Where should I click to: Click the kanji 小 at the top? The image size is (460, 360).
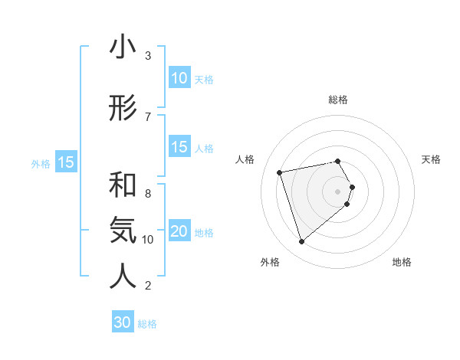point(123,48)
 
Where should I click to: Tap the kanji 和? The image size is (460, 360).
point(123,185)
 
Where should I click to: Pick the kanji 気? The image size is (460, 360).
point(123,229)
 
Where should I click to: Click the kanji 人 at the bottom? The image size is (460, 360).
point(123,277)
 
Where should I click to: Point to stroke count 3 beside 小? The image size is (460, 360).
point(147,56)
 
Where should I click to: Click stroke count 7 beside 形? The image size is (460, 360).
point(147,116)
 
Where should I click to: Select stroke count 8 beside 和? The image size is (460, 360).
point(147,193)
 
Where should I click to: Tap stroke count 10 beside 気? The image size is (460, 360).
point(148,240)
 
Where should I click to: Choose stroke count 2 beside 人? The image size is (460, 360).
point(147,286)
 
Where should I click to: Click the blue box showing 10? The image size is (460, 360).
point(179,78)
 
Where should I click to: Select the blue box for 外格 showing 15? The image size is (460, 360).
point(65,162)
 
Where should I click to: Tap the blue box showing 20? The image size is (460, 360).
point(179,231)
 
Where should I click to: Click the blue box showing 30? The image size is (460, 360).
point(122,322)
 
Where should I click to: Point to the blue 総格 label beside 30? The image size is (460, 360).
point(147,324)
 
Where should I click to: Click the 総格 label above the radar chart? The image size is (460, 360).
point(338,100)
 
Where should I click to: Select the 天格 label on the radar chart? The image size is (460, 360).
point(432,159)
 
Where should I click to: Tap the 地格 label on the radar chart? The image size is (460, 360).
point(402,262)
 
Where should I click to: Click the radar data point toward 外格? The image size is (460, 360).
point(301,242)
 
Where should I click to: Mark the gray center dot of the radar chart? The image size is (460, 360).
point(338,190)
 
